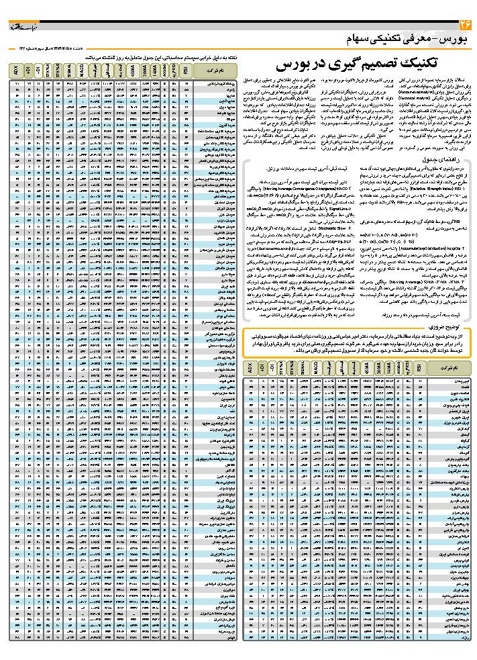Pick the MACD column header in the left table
pos(81,69)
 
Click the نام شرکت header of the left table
pos(214,69)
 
